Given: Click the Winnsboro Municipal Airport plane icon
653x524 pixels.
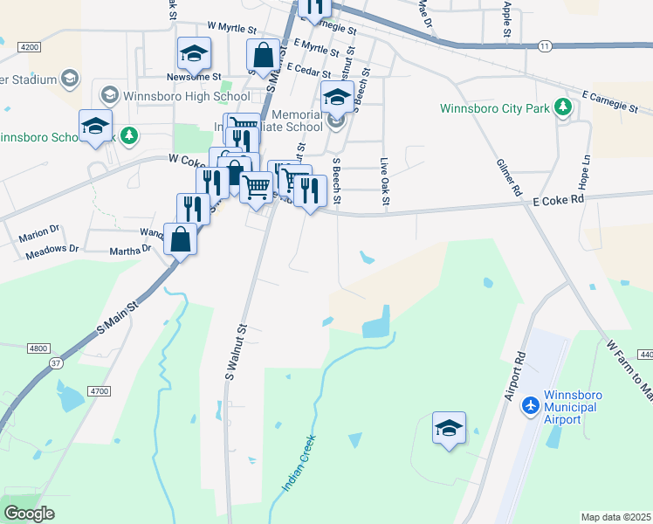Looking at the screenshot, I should coord(530,406).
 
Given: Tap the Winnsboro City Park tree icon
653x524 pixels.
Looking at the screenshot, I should coord(564,108).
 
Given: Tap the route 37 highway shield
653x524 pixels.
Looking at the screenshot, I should coord(55,363).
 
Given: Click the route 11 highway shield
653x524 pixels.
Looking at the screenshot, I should coord(545,45).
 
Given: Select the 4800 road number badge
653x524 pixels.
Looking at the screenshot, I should coord(38,348).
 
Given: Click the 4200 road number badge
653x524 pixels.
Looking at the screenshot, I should coord(29,46).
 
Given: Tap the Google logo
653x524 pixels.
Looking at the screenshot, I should coord(29,513).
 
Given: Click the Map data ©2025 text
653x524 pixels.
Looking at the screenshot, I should coord(615,517).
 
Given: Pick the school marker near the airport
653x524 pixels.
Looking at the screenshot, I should coord(449,427).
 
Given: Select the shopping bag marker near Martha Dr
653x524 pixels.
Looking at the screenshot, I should coord(180,238).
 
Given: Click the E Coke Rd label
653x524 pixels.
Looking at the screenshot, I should coord(557,200).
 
